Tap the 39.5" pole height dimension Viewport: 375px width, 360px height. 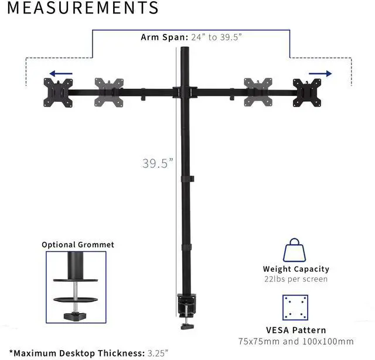(158, 163)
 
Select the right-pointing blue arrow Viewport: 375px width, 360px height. (320, 74)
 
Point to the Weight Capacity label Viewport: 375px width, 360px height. (296, 269)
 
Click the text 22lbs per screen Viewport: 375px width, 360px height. (296, 279)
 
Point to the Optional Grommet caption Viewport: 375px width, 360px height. (78, 245)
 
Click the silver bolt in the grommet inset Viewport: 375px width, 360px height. (76, 290)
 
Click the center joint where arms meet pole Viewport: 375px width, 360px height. (187, 91)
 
